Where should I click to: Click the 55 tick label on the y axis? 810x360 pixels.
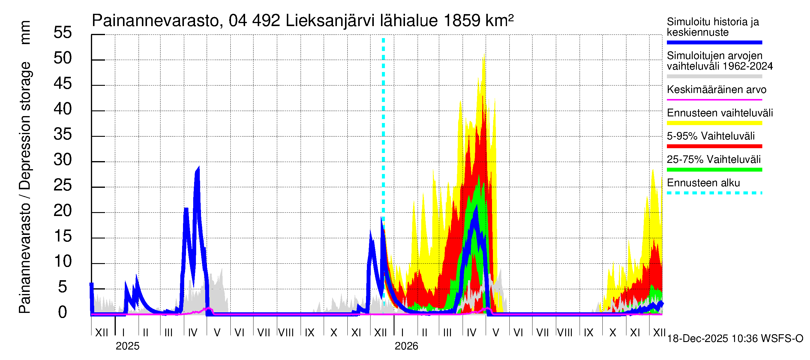[x=63, y=32]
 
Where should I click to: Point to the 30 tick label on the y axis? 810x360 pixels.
[x=63, y=160]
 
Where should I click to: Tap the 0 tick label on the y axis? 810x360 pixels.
[x=63, y=313]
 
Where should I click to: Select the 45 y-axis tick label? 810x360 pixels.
[x=63, y=83]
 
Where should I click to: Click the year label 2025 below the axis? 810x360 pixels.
[x=127, y=346]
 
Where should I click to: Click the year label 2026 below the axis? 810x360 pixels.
[x=406, y=346]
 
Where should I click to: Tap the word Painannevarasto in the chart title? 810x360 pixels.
[x=156, y=21]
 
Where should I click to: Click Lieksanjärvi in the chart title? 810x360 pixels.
[x=330, y=21]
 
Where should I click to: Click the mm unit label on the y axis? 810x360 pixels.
[x=25, y=32]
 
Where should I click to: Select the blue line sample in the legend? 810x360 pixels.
[x=714, y=42]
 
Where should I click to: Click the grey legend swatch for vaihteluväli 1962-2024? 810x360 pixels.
[x=714, y=76]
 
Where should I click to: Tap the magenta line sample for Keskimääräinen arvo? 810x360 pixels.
[x=714, y=100]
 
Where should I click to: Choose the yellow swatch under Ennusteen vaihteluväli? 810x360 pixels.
[x=714, y=123]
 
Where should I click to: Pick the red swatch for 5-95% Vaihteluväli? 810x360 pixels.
[x=714, y=146]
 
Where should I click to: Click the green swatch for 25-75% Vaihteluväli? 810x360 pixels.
[x=714, y=170]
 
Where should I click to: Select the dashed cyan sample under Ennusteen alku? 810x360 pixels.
[x=714, y=193]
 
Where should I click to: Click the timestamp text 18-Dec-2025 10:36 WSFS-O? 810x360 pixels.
[x=735, y=339]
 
